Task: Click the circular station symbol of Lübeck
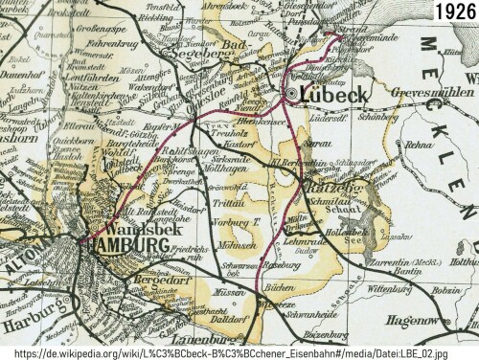pyautogui.click(x=292, y=94)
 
